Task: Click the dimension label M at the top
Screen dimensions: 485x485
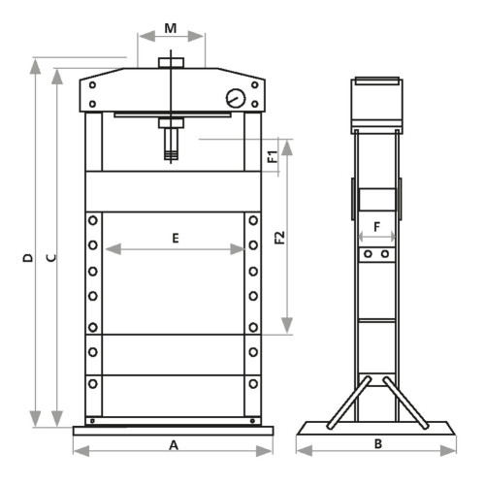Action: point(171,28)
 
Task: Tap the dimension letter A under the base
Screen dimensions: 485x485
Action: point(174,445)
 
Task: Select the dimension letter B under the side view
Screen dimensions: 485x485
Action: point(378,444)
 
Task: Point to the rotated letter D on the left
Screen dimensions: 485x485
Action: point(28,258)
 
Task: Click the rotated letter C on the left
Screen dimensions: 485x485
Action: point(51,258)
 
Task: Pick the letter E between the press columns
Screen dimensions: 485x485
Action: point(176,239)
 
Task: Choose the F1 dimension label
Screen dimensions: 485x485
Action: point(273,156)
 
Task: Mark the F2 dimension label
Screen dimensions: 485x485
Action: point(279,238)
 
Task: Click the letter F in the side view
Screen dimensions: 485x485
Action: point(376,227)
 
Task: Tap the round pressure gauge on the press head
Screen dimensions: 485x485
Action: point(236,98)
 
